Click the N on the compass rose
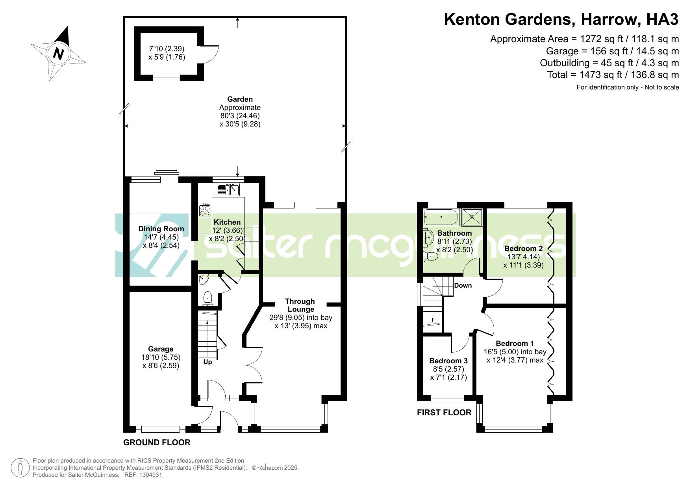[58, 53]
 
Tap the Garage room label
[161, 349]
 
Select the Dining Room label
[161, 229]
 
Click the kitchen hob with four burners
[205, 209]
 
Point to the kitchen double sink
[228, 190]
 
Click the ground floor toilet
[207, 299]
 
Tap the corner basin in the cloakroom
[204, 280]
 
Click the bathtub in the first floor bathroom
[441, 217]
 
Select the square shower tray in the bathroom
[472, 217]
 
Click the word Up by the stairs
[207, 362]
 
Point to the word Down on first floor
[463, 285]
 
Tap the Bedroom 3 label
[448, 361]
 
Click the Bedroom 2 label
[523, 248]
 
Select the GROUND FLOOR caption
[157, 443]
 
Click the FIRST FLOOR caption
[444, 413]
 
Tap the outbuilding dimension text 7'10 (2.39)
[167, 49]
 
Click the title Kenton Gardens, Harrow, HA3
[561, 19]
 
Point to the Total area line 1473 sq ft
[613, 74]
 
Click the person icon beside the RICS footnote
[20, 468]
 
